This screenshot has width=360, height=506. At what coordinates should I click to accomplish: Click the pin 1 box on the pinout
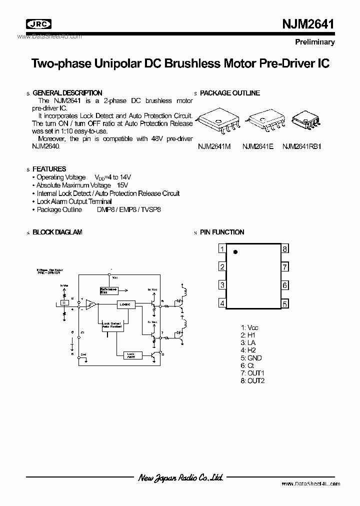221,249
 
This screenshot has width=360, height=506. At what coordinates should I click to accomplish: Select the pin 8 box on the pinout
284,249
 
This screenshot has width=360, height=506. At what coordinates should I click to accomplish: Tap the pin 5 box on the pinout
284,303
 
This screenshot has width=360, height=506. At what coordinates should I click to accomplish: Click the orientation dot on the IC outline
236,252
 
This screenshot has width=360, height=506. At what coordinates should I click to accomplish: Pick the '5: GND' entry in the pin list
251,358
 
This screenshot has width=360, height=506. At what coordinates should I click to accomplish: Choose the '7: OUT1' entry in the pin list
252,373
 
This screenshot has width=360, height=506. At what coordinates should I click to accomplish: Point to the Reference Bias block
109,290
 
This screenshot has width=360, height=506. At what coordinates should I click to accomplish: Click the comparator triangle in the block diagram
91,304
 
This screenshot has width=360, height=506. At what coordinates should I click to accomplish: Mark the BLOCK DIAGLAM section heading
57,232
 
